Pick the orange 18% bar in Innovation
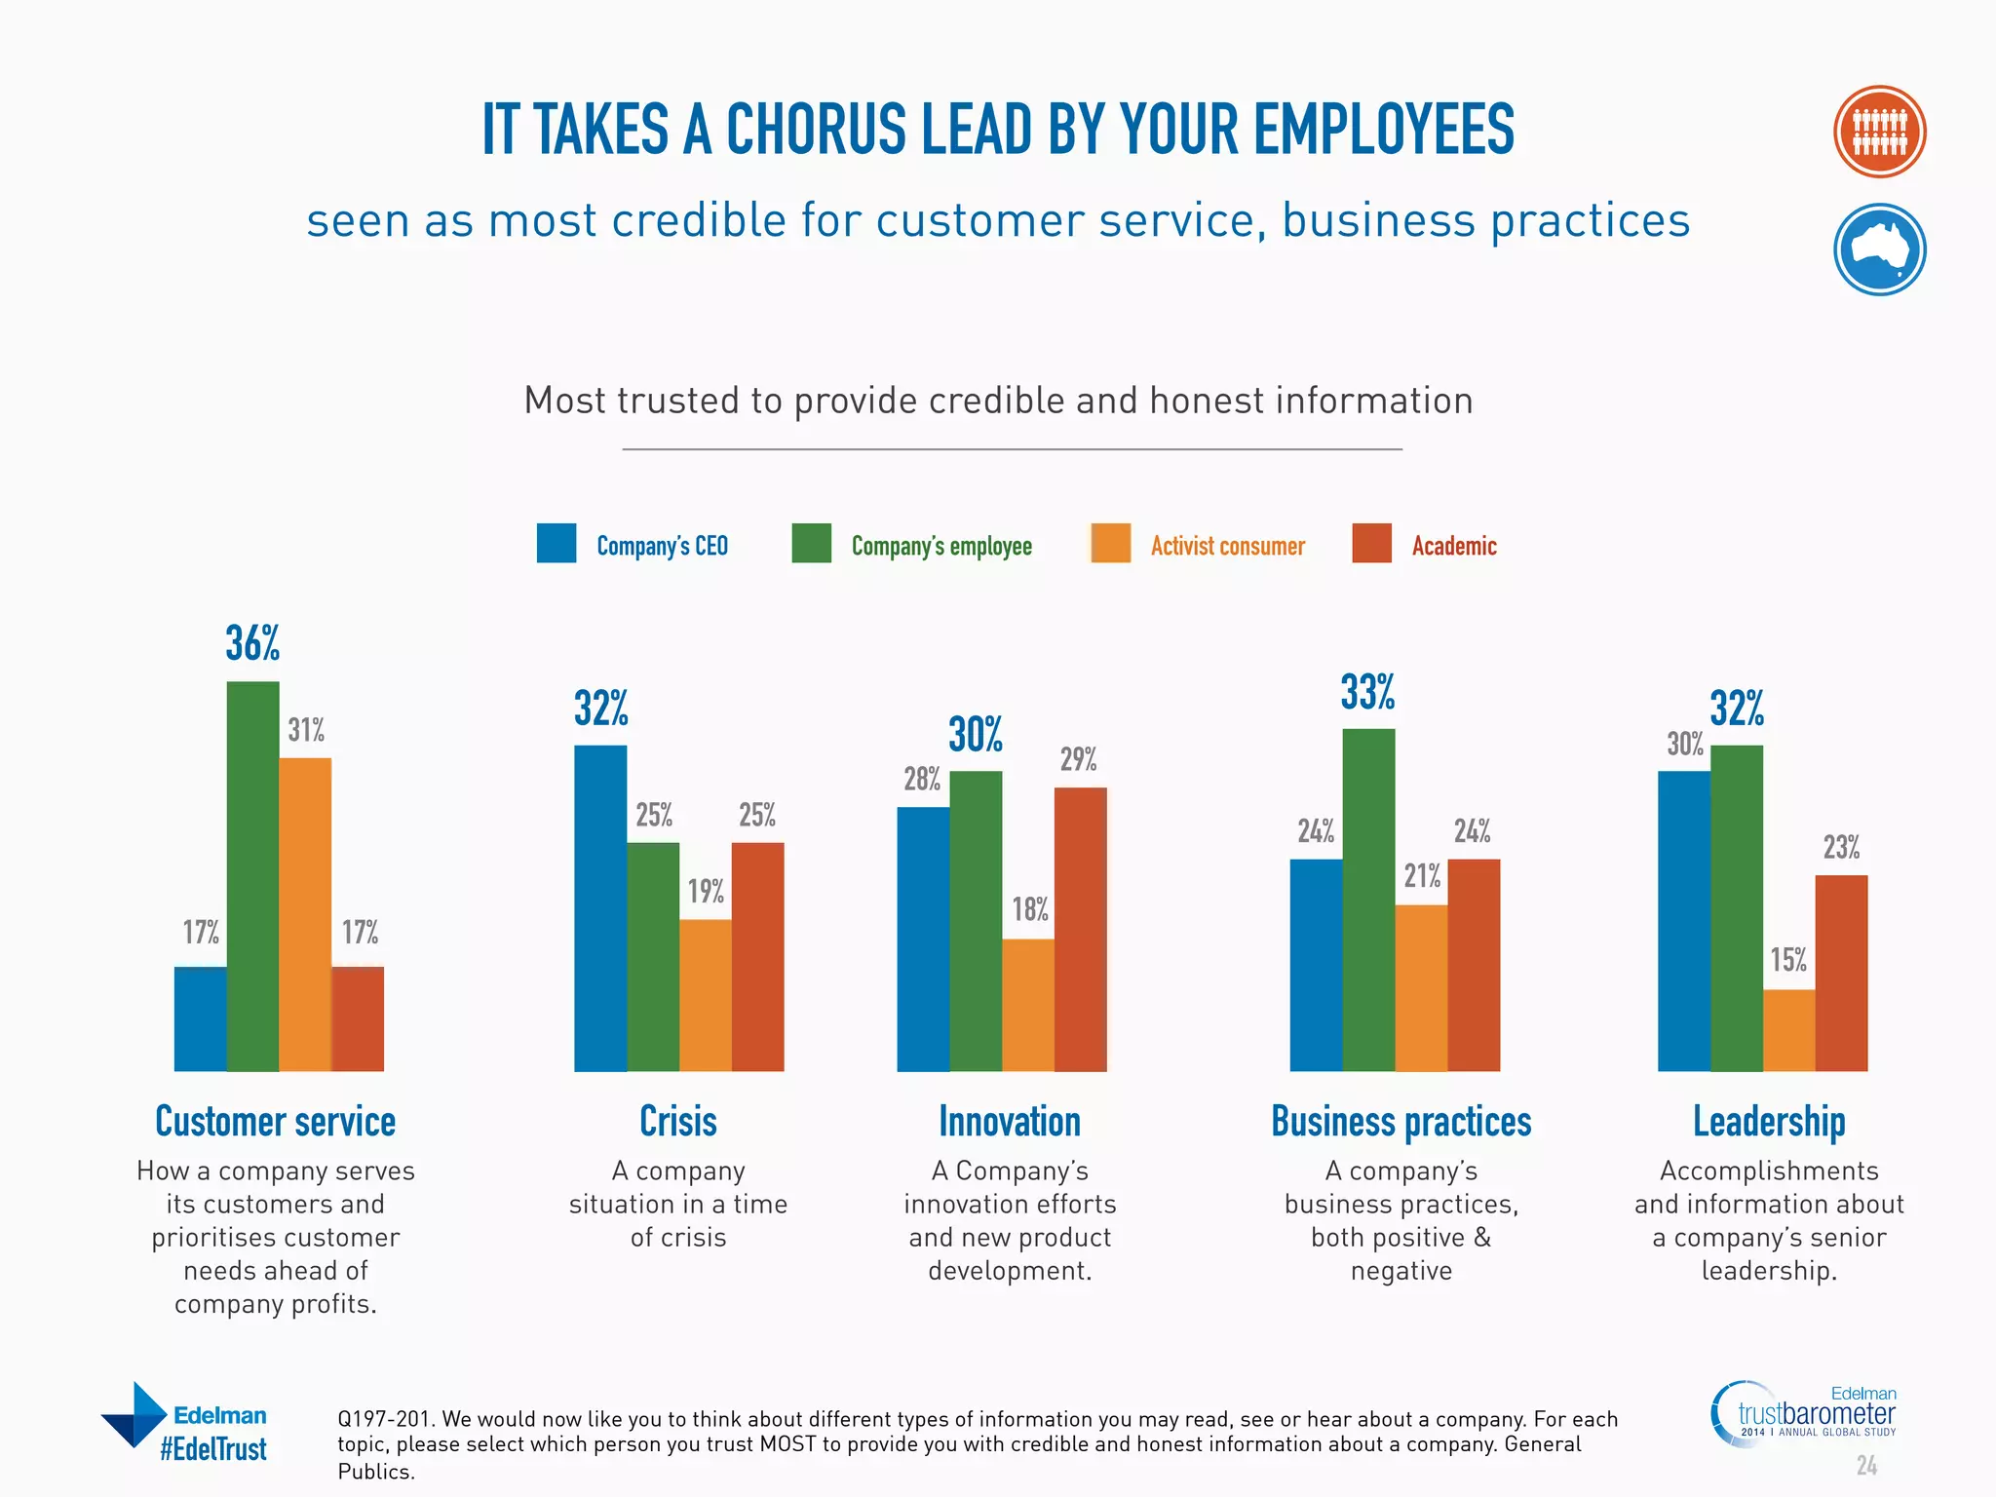(1027, 1005)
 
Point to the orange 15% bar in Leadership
(1788, 1030)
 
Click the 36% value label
(252, 643)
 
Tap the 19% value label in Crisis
(706, 891)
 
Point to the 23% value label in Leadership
(1841, 847)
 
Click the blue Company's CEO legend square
(557, 544)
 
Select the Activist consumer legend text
(1227, 546)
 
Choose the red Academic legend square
(1371, 544)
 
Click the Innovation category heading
(1010, 1122)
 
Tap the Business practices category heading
(1401, 1122)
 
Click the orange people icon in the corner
(1879, 132)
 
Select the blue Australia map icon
(1879, 249)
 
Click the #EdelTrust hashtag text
(213, 1449)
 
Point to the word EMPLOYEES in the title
(1383, 130)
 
